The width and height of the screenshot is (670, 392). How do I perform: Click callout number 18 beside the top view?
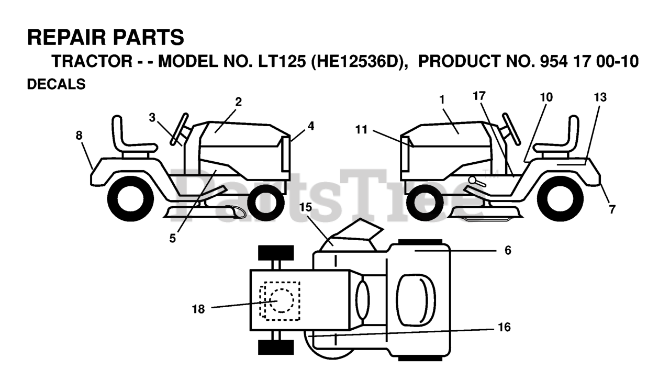[198, 309]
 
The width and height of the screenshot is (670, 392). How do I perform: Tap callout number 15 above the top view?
[306, 207]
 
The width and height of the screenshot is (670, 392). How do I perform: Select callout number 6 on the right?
[508, 251]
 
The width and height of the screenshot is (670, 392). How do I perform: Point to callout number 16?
[504, 328]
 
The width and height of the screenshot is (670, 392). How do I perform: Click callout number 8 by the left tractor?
[79, 136]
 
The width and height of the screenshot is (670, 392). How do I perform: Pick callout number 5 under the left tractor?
[173, 239]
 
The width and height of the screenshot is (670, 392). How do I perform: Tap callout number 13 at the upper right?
[600, 97]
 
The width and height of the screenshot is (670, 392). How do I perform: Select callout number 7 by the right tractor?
[612, 209]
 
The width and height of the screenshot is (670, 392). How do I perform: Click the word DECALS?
[56, 84]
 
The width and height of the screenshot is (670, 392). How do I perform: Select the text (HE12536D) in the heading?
[359, 62]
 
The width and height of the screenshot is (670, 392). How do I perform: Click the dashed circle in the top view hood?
[282, 300]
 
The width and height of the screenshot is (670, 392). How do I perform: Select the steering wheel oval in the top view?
[363, 297]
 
